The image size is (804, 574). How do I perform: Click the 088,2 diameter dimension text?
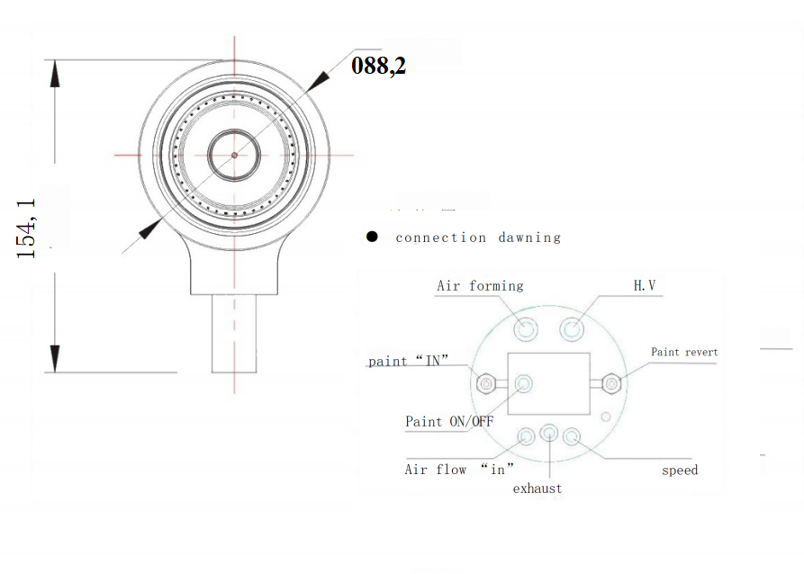coord(378,66)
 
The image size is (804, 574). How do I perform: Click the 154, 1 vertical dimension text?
coord(28,229)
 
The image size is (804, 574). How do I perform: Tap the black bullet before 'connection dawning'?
coord(371,237)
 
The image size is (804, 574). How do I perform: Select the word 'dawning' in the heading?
coord(529,238)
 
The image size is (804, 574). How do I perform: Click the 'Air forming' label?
coord(479,286)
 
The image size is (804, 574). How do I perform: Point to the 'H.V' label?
coord(645,286)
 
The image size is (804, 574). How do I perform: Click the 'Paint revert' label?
coord(684,352)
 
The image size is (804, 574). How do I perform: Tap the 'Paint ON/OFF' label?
coord(449,421)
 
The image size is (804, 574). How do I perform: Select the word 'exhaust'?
coord(538,489)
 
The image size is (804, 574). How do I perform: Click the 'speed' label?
coord(679,470)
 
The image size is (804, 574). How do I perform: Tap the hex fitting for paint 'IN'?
coord(485,384)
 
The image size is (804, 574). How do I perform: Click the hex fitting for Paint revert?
coord(611,384)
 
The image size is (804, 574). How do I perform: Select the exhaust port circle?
coord(549,435)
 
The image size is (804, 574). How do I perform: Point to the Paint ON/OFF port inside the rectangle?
coord(524,384)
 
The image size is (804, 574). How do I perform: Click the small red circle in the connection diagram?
coord(606,416)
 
